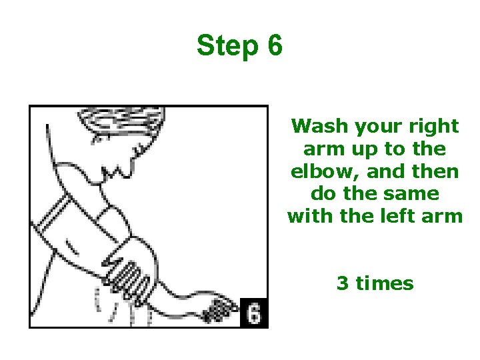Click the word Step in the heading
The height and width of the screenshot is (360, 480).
tap(228, 46)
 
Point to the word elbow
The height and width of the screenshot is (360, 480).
tap(325, 171)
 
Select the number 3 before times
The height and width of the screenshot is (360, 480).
tap(343, 283)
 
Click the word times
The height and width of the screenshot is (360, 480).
tap(385, 283)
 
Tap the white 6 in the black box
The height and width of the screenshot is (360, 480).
tap(254, 313)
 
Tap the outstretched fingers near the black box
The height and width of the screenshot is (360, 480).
tap(219, 310)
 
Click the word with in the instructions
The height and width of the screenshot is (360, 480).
tap(311, 215)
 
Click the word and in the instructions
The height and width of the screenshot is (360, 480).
tap(385, 171)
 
